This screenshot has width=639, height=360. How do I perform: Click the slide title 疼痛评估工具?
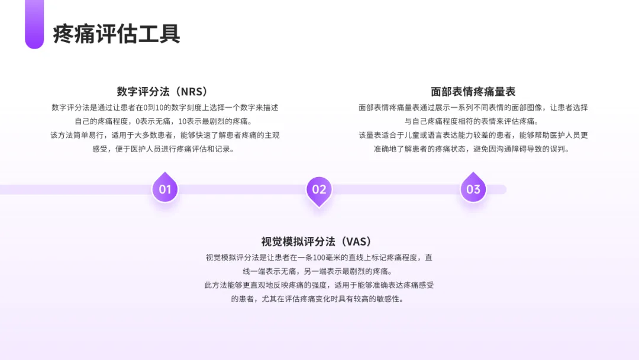coord(117,34)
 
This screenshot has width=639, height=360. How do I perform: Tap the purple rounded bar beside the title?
coord(34,24)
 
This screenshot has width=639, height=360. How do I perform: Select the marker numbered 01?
coord(165,189)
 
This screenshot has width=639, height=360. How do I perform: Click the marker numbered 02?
coord(319,189)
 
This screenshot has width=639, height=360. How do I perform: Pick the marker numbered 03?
coord(473,189)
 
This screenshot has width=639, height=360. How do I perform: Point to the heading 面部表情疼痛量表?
coord(473,92)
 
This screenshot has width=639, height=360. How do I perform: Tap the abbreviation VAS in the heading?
coord(356,242)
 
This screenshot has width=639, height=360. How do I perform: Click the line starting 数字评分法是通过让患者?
coord(165,108)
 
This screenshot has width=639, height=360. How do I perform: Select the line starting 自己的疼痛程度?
coord(165,121)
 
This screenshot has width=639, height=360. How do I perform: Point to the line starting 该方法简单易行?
coord(165,135)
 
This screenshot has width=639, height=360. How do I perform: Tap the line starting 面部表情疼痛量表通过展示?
coord(473,108)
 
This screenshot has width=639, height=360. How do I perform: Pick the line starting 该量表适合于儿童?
coord(473,135)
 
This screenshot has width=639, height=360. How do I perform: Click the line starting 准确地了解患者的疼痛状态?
coord(473,149)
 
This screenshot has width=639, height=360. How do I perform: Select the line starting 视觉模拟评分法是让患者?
coord(319,258)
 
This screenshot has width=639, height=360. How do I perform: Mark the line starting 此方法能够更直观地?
coord(319,285)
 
